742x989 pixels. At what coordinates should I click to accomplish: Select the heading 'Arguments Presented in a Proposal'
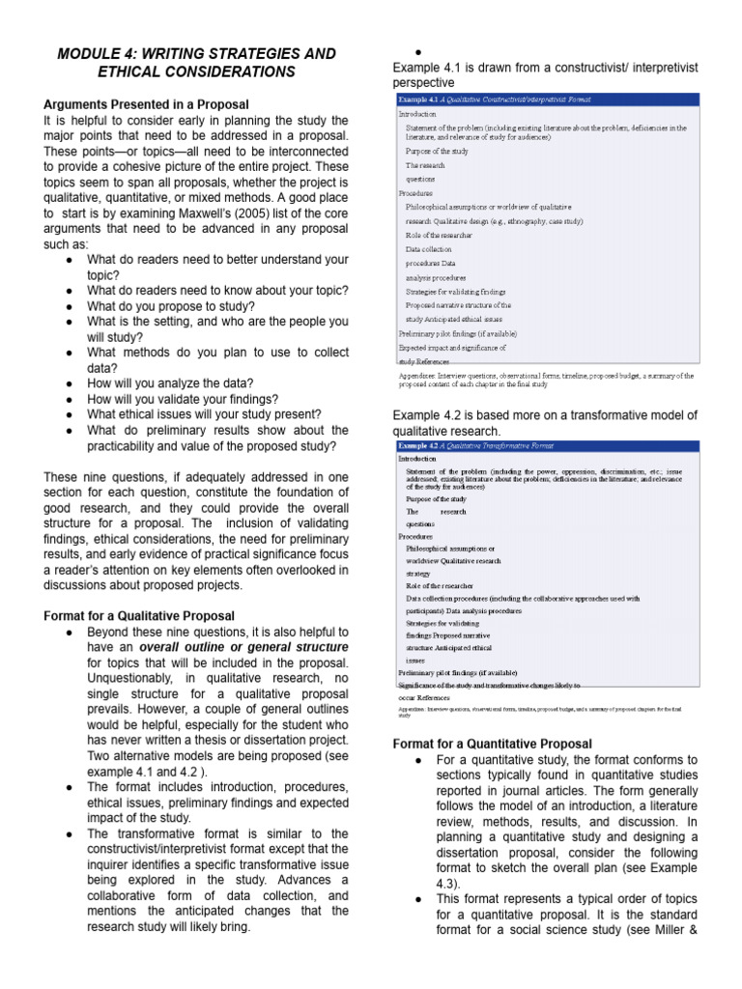[146, 103]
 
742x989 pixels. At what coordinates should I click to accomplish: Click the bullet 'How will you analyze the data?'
[170, 383]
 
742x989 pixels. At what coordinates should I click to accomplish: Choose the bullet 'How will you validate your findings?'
[183, 399]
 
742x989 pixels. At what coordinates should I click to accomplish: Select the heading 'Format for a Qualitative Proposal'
[139, 615]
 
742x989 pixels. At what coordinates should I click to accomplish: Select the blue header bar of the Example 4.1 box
[547, 99]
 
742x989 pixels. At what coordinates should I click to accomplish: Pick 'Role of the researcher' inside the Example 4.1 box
[440, 235]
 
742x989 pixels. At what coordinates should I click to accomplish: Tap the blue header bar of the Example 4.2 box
[547, 446]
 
